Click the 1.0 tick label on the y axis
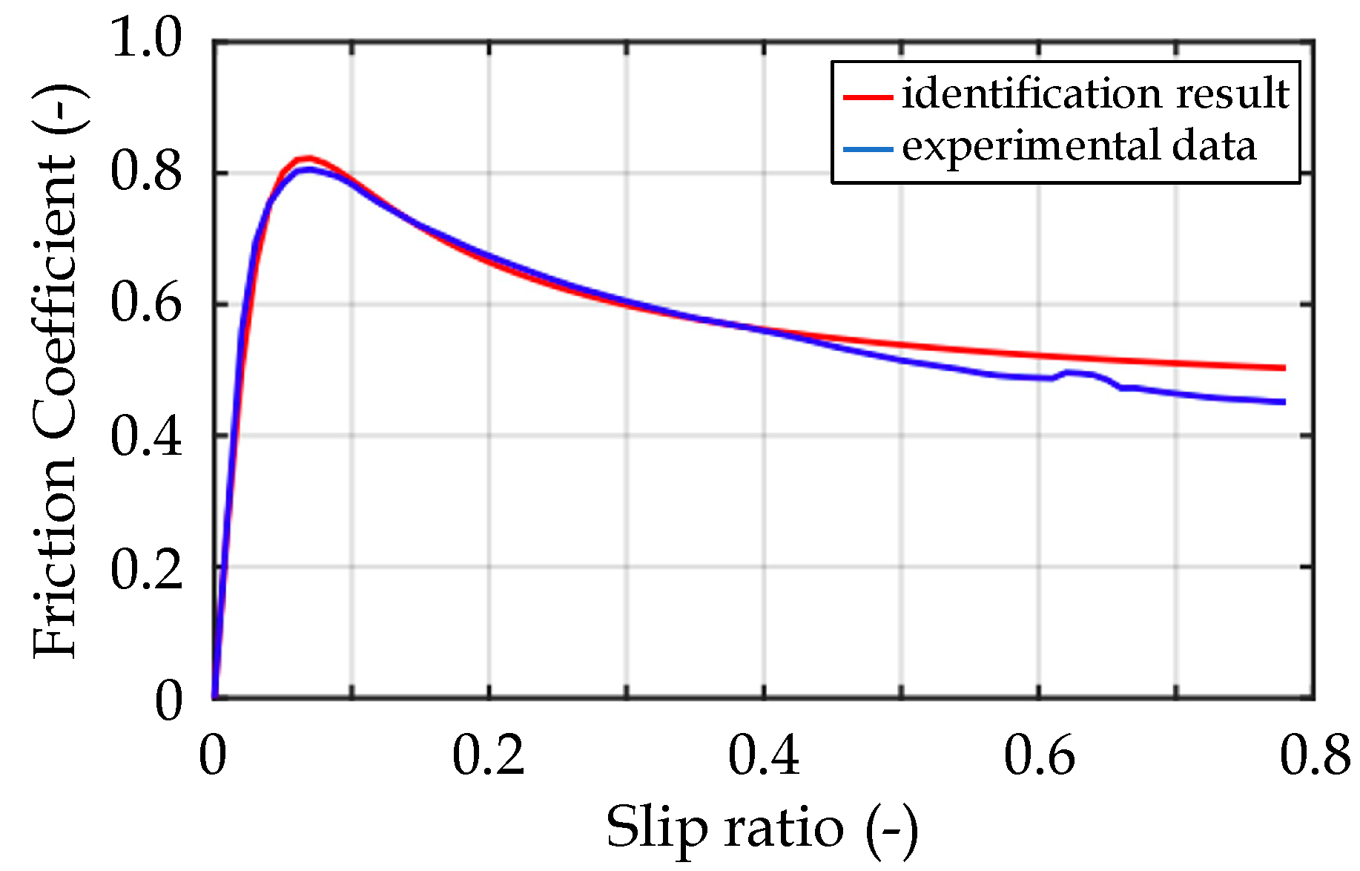pos(146,39)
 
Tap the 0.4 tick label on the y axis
pos(146,436)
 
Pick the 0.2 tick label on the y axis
pos(146,569)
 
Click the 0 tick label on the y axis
pos(168,700)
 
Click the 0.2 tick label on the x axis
pos(488,757)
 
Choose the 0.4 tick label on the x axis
pos(764,757)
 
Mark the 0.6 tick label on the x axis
pos(1039,757)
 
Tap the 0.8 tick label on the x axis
pos(1315,757)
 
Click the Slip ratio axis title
pos(762,828)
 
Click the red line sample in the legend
pos(867,96)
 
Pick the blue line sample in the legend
pos(867,148)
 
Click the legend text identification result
pos(1095,94)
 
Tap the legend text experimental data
pos(1079,146)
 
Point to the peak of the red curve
pos(306,157)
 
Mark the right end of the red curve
pos(1284,368)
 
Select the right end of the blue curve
pos(1284,402)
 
